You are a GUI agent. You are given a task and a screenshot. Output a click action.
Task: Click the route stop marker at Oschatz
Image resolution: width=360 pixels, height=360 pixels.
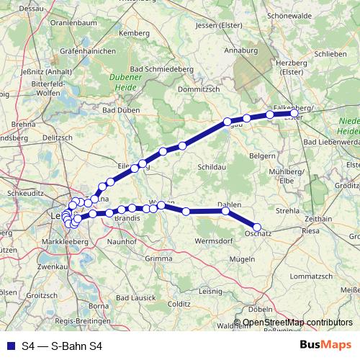257,228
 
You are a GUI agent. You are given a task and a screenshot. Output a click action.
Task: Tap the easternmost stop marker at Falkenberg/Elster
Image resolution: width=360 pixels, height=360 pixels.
294,113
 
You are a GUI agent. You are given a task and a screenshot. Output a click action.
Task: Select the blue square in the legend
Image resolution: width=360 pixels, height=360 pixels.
8,346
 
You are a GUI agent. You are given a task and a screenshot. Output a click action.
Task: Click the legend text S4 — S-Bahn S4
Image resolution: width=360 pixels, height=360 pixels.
62,346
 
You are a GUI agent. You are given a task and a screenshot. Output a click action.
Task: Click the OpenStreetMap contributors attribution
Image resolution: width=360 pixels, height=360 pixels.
297,323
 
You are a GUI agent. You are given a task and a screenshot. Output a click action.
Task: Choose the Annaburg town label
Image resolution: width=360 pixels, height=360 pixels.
240,52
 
